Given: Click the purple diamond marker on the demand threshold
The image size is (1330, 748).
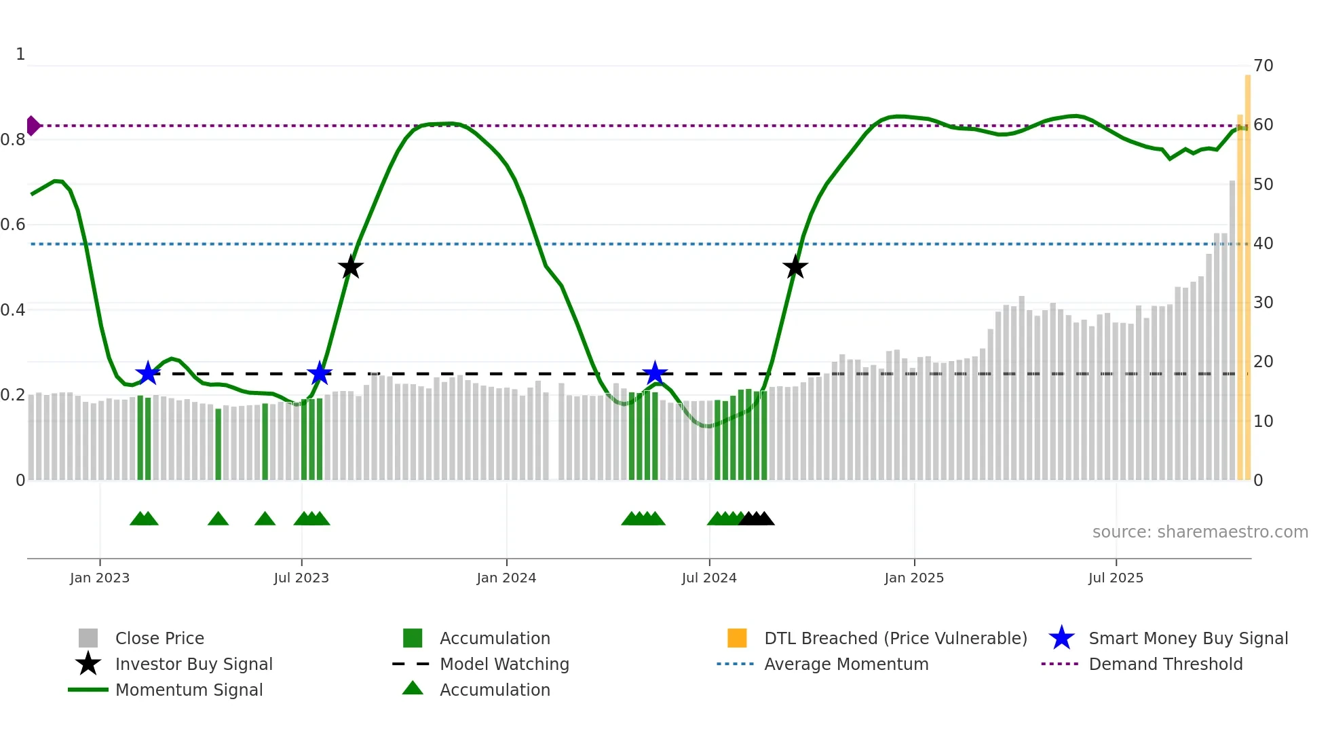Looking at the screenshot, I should [x=33, y=126].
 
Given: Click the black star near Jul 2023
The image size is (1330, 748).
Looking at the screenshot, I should [x=350, y=267].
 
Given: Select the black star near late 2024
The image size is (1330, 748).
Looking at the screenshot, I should [x=795, y=267].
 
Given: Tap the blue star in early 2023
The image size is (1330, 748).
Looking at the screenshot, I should [x=147, y=373].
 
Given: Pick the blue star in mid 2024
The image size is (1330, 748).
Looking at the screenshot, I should [x=655, y=373].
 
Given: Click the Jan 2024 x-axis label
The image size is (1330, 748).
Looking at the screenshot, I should [x=506, y=578].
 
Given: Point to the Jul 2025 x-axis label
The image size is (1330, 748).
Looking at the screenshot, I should [x=1116, y=578].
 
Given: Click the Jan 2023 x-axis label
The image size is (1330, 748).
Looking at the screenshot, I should [x=100, y=578].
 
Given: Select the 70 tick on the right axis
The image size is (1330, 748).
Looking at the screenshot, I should [x=1263, y=66].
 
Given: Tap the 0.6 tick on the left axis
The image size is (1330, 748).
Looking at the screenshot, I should [x=14, y=225].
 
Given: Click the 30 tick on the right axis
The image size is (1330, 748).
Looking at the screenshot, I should [x=1263, y=303].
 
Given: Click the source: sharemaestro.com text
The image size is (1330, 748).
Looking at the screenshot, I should [x=1200, y=532].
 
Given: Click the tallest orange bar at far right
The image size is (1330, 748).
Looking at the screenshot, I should [x=1247, y=272].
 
